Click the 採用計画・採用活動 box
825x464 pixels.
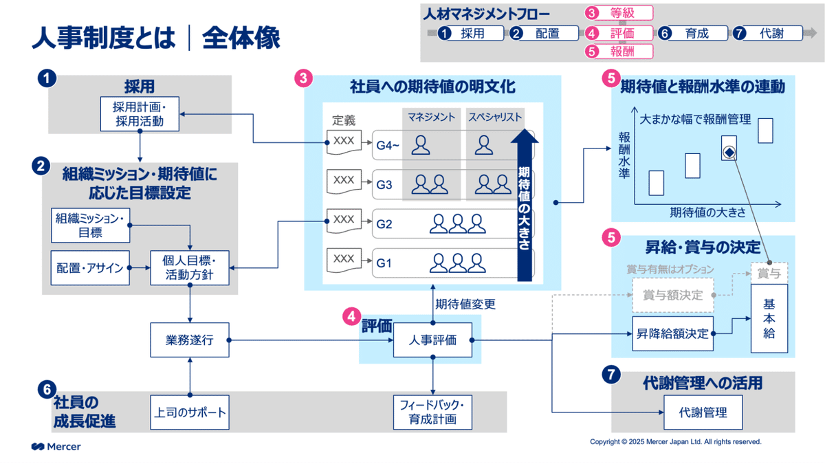pyautogui.click(x=140, y=114)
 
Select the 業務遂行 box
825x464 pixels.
pyautogui.click(x=189, y=340)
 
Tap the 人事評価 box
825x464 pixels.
pyautogui.click(x=432, y=340)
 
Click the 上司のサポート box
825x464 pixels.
pyautogui.click(x=189, y=412)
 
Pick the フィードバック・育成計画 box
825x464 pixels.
pyautogui.click(x=432, y=412)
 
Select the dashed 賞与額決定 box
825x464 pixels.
pyautogui.click(x=672, y=296)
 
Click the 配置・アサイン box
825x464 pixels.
pyautogui.click(x=91, y=267)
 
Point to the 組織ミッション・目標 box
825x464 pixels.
pyautogui.click(x=91, y=225)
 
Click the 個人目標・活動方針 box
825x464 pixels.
pyautogui.click(x=190, y=267)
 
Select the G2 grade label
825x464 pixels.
pyautogui.click(x=384, y=223)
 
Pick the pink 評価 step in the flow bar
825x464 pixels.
pyautogui.click(x=619, y=32)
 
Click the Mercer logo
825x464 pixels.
pyautogui.click(x=56, y=447)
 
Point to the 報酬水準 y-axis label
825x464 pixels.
pyautogui.click(x=624, y=155)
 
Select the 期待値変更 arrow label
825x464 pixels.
pyautogui.click(x=465, y=303)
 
